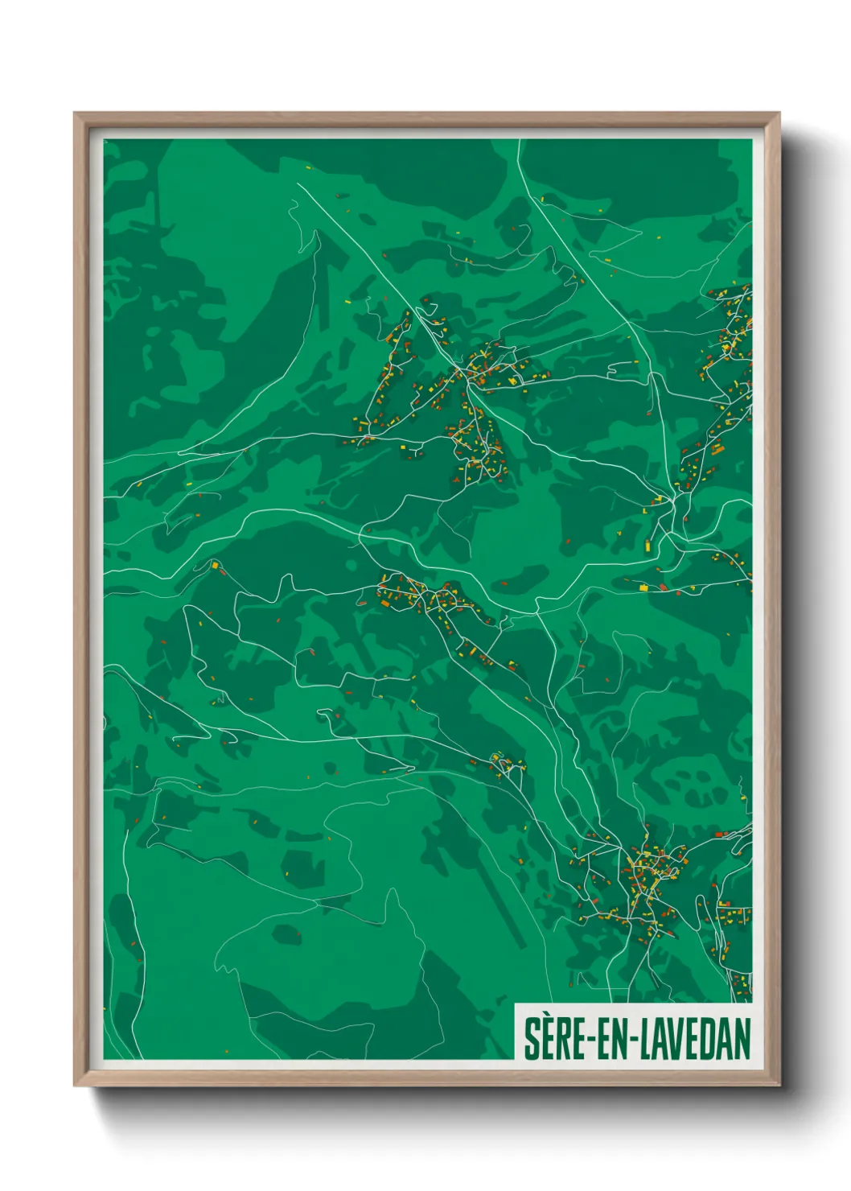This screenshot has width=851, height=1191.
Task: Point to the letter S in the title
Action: tap(532, 1039)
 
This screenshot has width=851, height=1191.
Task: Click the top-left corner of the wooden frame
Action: tap(75, 113)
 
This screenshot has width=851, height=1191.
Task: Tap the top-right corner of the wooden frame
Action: tap(779, 113)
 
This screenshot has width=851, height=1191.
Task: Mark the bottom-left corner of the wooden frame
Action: tap(75, 1086)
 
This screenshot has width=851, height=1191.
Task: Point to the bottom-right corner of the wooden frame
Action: tap(779, 1086)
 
